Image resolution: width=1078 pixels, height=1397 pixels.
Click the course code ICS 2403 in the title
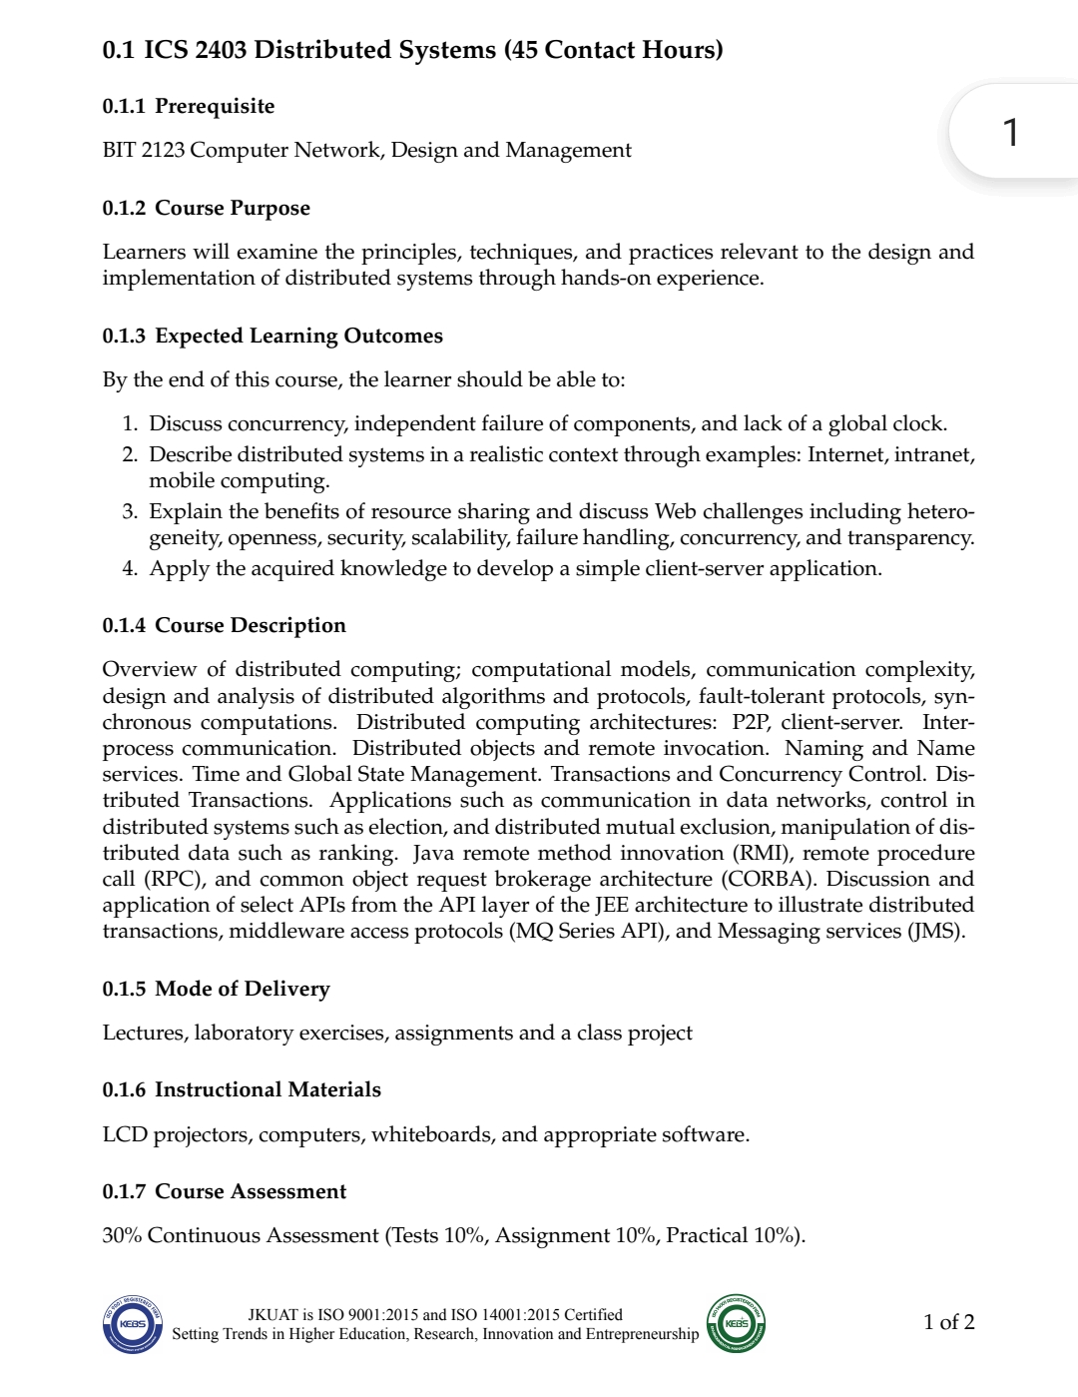[195, 50]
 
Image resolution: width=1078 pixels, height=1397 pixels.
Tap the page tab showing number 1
[1010, 132]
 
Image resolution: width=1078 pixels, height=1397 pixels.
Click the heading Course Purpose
[232, 208]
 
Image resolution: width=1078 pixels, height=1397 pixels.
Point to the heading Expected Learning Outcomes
[298, 336]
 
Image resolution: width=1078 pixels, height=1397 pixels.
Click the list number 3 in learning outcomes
[130, 511]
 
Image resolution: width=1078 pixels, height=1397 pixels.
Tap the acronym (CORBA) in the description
[769, 879]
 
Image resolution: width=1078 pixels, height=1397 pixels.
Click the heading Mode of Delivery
[242, 989]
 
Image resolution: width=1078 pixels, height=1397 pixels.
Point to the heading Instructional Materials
[268, 1089]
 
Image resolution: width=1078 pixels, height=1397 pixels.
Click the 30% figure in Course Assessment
[122, 1235]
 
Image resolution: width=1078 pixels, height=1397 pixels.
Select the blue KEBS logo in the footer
[132, 1323]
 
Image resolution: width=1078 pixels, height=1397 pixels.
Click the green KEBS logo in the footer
[736, 1323]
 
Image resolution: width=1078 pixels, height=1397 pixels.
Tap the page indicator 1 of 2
[948, 1322]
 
